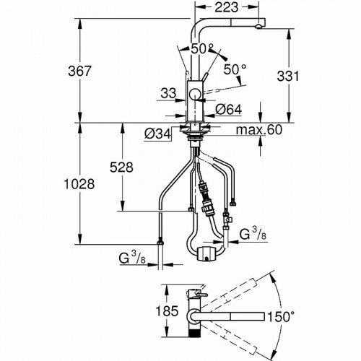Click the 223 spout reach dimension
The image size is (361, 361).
(226, 7)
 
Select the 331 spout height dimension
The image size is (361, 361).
(288, 76)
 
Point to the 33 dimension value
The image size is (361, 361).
(168, 93)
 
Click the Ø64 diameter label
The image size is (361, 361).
(229, 110)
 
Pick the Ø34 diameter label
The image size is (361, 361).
(157, 134)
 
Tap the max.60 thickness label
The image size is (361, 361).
(259, 130)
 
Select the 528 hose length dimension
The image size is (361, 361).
(121, 168)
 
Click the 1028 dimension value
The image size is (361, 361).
(79, 185)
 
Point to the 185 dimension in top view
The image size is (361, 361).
(167, 310)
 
